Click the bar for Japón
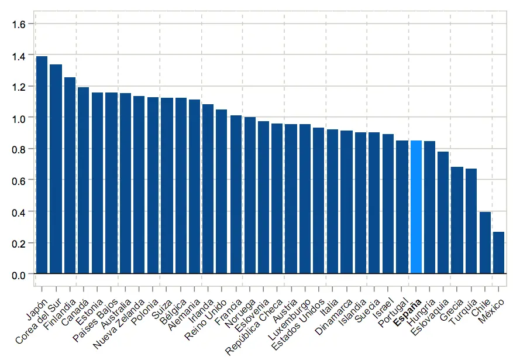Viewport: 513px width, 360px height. click(42, 164)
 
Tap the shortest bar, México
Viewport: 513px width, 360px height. click(499, 252)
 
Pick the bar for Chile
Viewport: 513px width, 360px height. click(485, 242)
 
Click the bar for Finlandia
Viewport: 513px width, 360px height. click(70, 175)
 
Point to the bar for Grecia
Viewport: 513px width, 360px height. click(457, 220)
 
